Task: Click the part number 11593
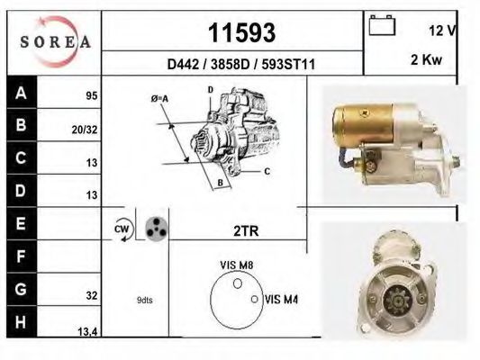coord(240,33)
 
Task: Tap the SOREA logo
coord(54,41)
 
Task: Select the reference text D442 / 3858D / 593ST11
coord(240,65)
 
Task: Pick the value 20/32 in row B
coord(84,129)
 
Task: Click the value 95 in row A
coord(91,94)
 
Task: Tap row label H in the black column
coord(20,321)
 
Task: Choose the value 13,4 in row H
coord(87,332)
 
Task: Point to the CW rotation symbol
coord(122,229)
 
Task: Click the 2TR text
coord(246,231)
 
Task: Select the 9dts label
coord(145,301)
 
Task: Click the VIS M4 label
coord(282,300)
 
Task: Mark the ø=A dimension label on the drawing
coord(161,98)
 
